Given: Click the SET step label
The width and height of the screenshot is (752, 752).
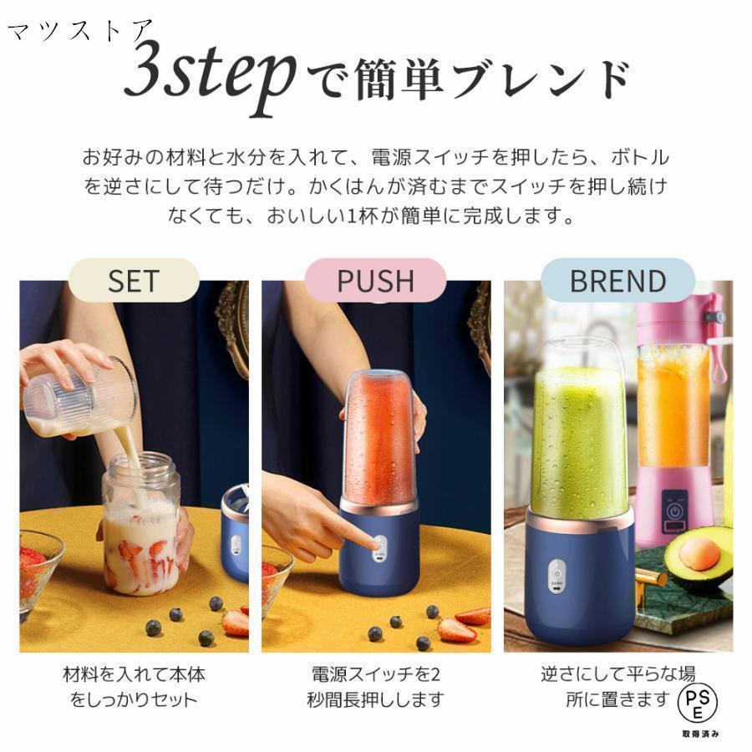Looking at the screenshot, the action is [x=134, y=281].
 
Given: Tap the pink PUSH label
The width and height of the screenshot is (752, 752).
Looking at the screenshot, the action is [x=375, y=281].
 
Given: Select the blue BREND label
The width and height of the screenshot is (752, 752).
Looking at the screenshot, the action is [x=617, y=281].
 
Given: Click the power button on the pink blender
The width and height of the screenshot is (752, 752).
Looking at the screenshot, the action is [x=674, y=511].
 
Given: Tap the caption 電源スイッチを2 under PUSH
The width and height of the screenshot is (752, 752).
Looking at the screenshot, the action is [x=375, y=674].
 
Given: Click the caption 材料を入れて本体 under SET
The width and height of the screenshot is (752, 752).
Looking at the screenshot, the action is [x=134, y=674].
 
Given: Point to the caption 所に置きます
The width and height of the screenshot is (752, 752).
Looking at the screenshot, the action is [x=617, y=699].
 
